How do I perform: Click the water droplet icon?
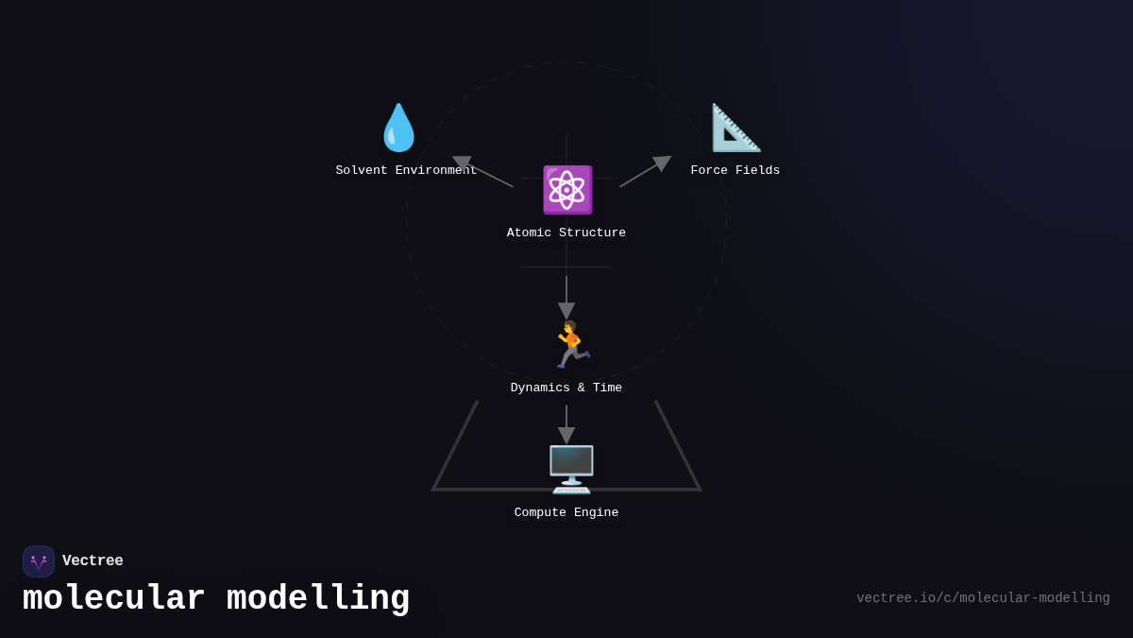coord(398,128)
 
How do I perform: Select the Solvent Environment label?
coord(406,171)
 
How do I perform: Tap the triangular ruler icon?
coord(736,128)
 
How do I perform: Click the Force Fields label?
coord(735,171)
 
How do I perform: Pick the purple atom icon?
coord(566,190)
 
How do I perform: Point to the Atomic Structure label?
coord(566,233)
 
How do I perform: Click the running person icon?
coord(569,345)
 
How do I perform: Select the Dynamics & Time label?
coord(566,388)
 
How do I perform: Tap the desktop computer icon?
coord(571,470)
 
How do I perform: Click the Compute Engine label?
coord(566,513)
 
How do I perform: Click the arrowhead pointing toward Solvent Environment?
coord(462,163)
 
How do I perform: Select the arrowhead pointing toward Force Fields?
coord(662,163)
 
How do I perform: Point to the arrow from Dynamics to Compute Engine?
coord(566,425)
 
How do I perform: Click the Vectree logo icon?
coord(39,561)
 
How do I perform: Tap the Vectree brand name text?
coord(93,561)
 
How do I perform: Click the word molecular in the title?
coord(113,599)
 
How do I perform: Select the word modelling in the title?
coord(318,599)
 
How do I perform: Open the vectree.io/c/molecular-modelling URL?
coord(983,598)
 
